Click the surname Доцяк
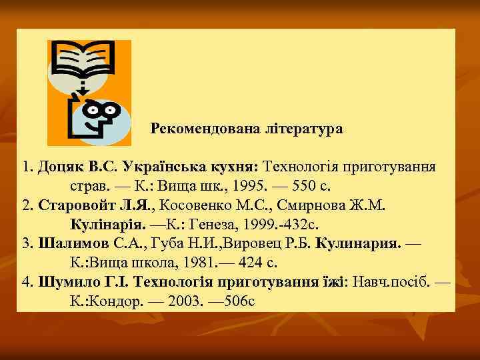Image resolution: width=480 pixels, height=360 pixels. click(62, 165)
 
